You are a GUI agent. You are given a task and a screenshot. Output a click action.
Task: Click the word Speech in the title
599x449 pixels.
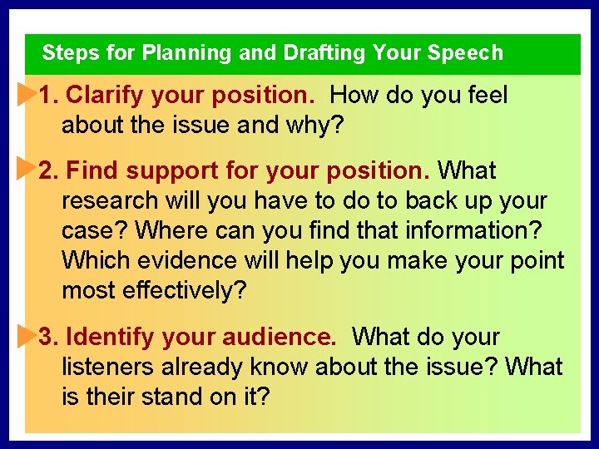[x=465, y=53]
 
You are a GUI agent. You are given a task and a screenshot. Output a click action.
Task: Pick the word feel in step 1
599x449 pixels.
[x=484, y=96]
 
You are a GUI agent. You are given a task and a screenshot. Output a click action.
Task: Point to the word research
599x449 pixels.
[x=109, y=201]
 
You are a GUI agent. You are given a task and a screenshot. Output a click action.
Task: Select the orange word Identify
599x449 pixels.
[x=110, y=338]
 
